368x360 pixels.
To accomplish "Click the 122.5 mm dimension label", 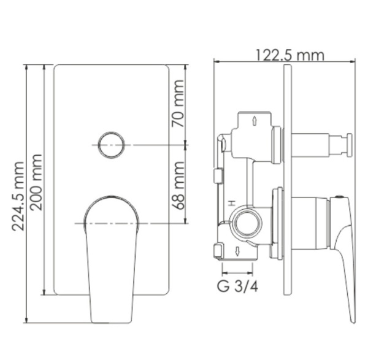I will [x=289, y=55].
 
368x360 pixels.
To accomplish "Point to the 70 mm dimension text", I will [x=178, y=110].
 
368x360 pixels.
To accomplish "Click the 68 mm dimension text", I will [x=178, y=184].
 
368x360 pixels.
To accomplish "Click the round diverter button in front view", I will [x=111, y=145].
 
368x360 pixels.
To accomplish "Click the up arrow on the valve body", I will [x=254, y=119].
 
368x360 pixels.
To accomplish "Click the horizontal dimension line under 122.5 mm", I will [x=284, y=61].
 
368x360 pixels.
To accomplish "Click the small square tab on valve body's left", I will [x=216, y=176].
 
